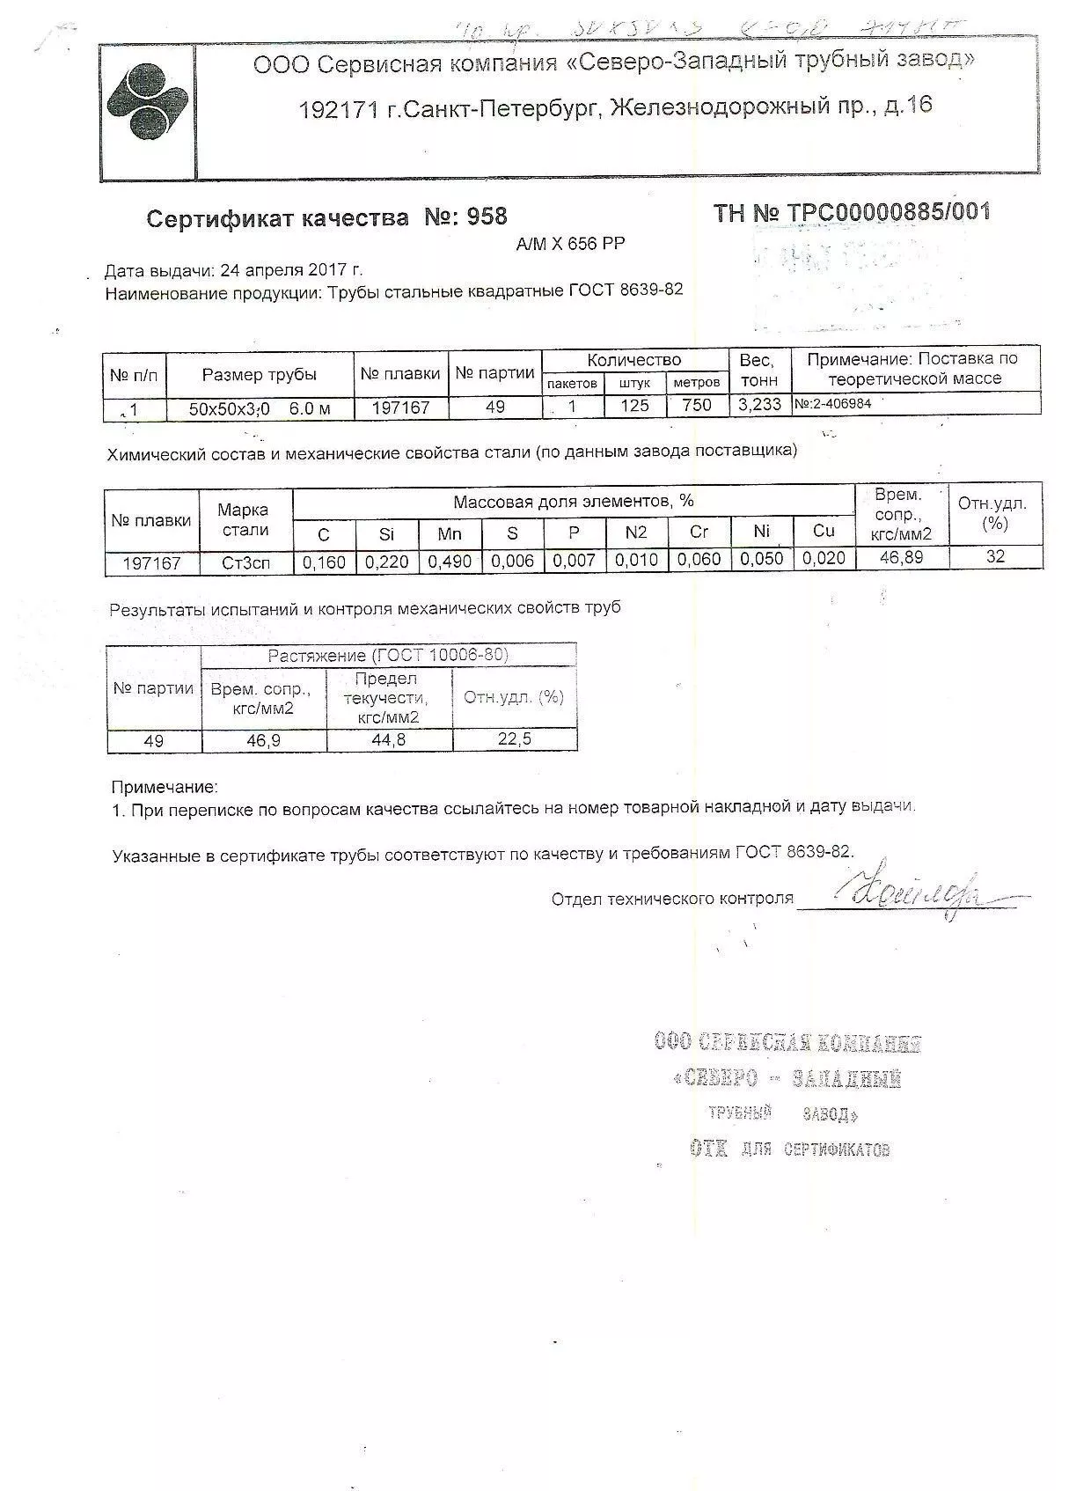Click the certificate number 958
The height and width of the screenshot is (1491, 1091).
point(487,217)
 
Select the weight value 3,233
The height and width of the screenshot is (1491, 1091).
point(758,405)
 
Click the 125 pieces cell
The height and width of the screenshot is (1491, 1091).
point(633,406)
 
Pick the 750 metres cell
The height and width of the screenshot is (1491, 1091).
point(696,406)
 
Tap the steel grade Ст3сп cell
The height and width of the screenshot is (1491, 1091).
point(245,563)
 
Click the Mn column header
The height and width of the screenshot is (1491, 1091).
point(450,533)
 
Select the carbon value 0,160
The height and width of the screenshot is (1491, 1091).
point(324,562)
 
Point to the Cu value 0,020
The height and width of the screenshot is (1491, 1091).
point(824,558)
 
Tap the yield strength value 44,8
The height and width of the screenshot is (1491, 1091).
point(388,740)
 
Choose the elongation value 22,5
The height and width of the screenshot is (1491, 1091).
point(514,739)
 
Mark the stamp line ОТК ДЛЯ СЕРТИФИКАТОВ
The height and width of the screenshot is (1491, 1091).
point(789,1149)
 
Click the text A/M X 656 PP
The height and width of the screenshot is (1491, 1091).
point(570,245)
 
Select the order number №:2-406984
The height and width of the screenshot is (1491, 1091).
point(832,403)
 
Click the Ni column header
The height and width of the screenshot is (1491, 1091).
point(762,531)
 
